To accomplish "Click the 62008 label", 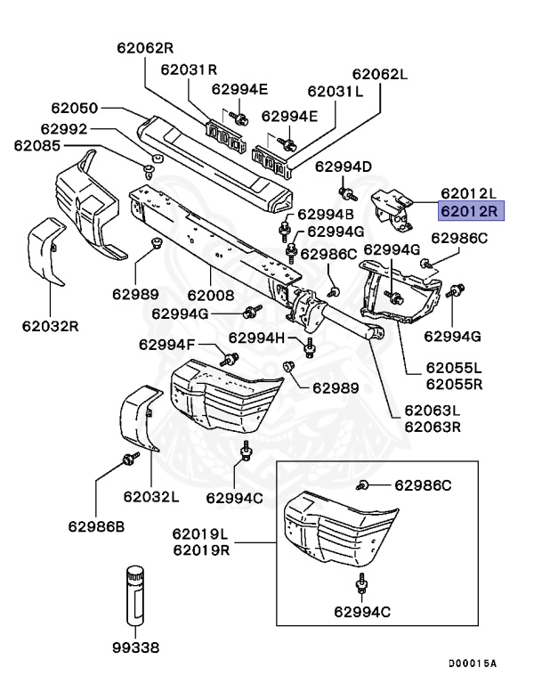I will pos(211,295).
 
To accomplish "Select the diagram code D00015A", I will pos(473,664).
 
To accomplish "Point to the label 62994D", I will pos(344,167).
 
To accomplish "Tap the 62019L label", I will pos(201,534).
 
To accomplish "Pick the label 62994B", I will pos(326,214).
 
